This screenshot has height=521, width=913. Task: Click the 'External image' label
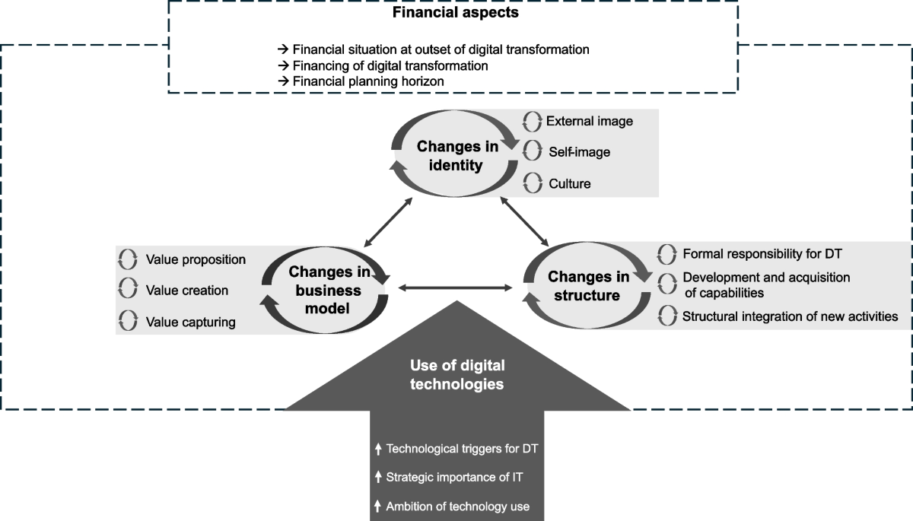(x=589, y=121)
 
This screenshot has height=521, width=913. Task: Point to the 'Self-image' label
(x=579, y=152)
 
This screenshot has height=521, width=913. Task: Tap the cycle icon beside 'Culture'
(x=533, y=183)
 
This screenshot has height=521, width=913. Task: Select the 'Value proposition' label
(x=196, y=259)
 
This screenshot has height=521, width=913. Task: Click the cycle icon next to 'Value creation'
(x=128, y=291)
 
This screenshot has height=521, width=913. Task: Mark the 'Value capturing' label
(x=190, y=322)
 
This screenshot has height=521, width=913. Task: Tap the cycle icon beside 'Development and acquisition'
(x=666, y=284)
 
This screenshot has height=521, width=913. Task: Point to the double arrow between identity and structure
(x=524, y=221)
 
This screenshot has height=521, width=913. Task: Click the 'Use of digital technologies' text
(x=456, y=375)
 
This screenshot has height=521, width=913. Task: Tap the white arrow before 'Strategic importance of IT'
(x=378, y=478)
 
